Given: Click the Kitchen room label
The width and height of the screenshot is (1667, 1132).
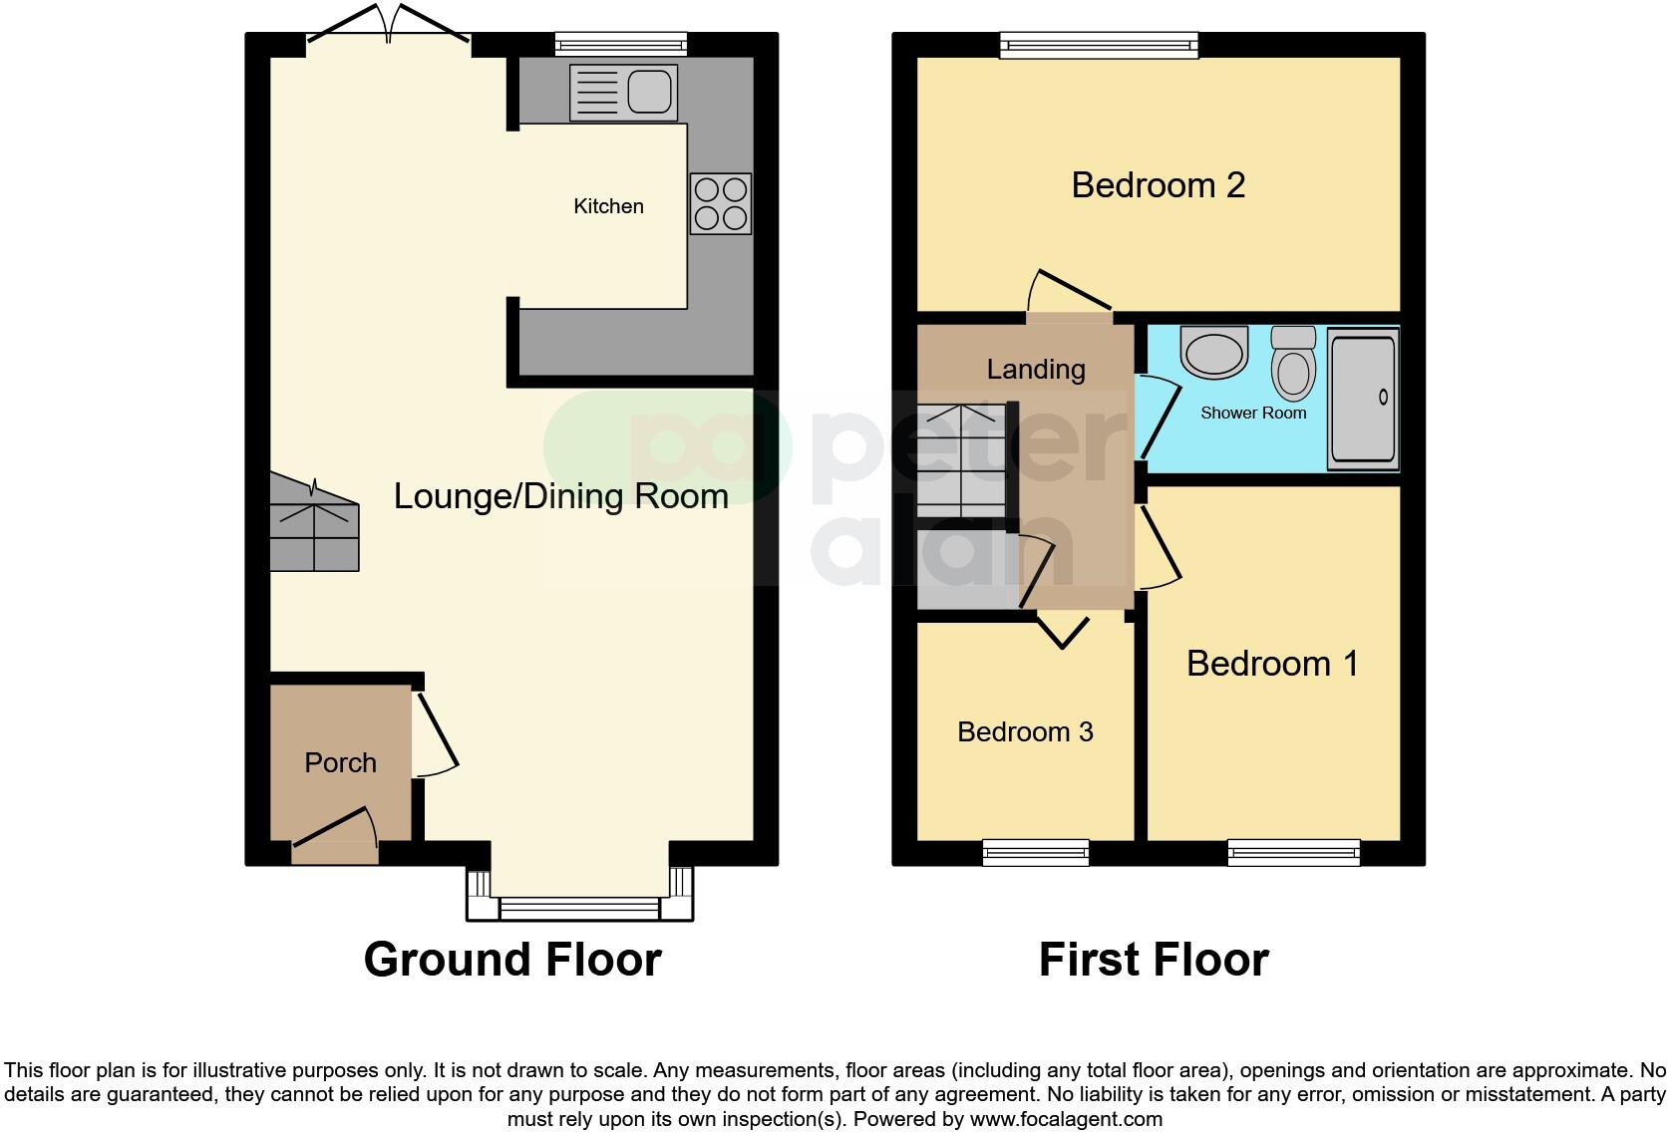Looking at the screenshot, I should coord(608,206).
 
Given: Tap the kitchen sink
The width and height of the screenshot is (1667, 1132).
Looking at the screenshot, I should coord(623,93).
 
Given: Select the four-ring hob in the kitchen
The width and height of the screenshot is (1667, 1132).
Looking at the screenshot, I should coord(720,203).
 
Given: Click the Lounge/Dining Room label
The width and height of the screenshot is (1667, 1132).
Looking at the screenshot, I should coord(560,496).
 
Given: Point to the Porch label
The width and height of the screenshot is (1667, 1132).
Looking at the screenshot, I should coord(340,763).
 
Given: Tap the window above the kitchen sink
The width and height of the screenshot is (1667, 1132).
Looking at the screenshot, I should coord(621,42).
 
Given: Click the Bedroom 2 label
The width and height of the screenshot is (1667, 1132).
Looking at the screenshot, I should coord(1158,185).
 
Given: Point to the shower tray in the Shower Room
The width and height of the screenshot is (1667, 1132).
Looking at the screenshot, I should coord(1363,399).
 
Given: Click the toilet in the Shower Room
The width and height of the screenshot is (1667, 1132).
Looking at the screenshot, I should coord(1294,365).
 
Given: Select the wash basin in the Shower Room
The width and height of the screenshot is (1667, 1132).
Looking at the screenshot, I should coord(1213,351).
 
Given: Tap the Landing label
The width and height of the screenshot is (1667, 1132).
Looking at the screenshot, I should coord(1036,370).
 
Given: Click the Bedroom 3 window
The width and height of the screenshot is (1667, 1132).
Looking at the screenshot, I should coord(1035,852).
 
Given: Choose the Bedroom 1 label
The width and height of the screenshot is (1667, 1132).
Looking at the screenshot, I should coord(1272,664).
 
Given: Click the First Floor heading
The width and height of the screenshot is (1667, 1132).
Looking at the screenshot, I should coord(1154,960).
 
